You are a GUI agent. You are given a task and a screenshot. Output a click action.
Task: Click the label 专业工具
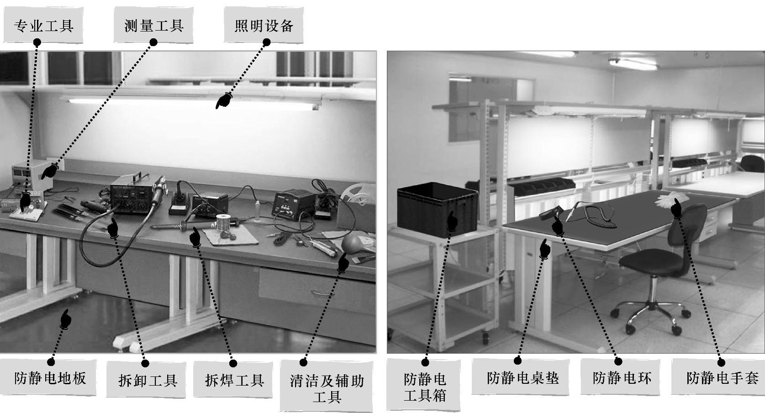click(44, 26)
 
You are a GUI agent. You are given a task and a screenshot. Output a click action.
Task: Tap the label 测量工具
click(154, 26)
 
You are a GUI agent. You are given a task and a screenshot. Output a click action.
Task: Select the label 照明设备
click(264, 26)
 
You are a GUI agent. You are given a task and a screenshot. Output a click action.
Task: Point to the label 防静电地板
click(50, 378)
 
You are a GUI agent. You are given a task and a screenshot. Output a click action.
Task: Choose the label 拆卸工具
click(148, 380)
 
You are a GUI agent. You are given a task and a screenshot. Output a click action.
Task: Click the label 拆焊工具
click(234, 380)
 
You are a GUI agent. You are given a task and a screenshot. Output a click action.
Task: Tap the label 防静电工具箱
click(425, 388)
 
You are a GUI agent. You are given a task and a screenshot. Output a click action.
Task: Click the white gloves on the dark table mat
click(668, 199)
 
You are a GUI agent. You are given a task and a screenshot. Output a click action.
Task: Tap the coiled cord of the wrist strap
click(601, 213)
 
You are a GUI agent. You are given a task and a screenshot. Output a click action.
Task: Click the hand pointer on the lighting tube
click(223, 101)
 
